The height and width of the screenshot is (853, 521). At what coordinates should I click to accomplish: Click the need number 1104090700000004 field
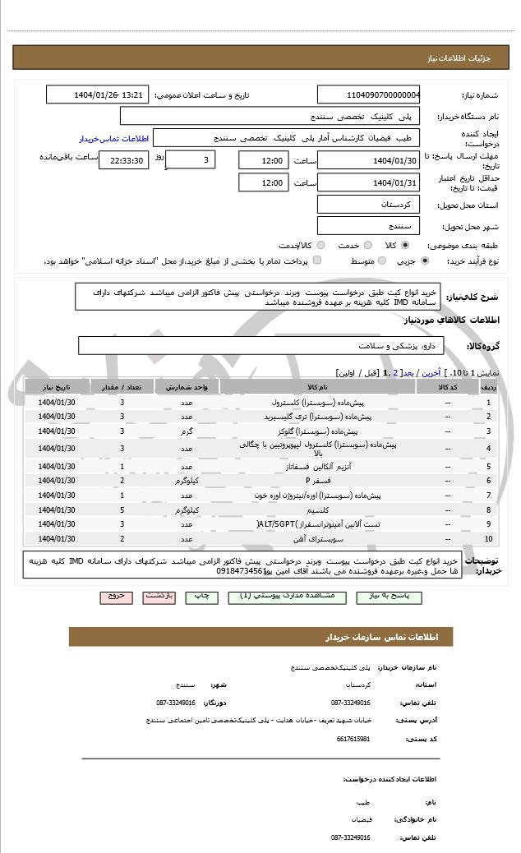369,95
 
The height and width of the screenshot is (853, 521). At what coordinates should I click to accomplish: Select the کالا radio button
405,245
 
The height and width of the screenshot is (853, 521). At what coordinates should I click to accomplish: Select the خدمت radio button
367,245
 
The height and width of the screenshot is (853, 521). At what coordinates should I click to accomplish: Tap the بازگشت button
159,595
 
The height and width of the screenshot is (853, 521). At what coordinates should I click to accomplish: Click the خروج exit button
115,595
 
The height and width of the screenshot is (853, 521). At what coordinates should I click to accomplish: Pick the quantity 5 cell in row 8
122,509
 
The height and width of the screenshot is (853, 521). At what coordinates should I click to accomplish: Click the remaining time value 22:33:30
123,161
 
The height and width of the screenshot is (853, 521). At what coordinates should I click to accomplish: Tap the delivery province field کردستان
369,204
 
